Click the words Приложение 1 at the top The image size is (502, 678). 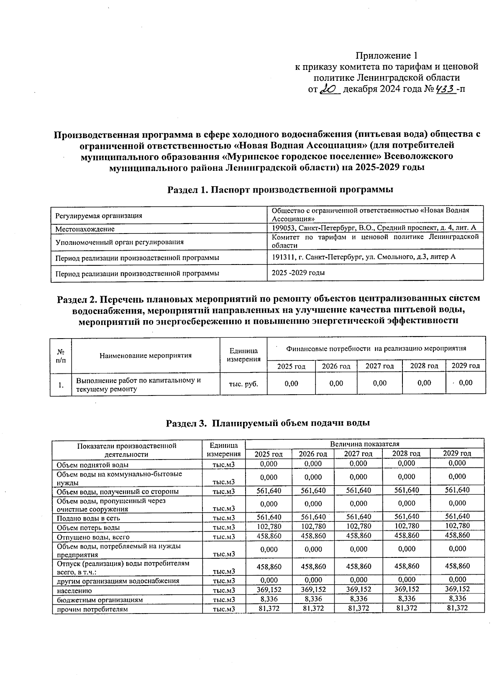pyautogui.click(x=387, y=56)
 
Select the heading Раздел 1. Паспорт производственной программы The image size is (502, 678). pyautogui.click(x=280, y=190)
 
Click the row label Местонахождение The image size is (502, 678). pyautogui.click(x=85, y=229)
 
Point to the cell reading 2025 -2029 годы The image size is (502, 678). pyautogui.click(x=298, y=273)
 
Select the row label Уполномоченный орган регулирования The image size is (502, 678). pyautogui.click(x=119, y=242)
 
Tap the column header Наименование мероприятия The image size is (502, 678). pyautogui.click(x=146, y=355)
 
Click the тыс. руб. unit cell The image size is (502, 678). pyautogui.click(x=243, y=383)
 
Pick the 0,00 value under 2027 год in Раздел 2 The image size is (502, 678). pyautogui.click(x=379, y=383)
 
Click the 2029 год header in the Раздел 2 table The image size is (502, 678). pyautogui.click(x=466, y=366)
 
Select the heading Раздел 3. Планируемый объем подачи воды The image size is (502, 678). pyautogui.click(x=268, y=423)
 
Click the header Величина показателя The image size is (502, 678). pyautogui.click(x=364, y=444)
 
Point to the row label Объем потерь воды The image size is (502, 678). pyautogui.click(x=88, y=527)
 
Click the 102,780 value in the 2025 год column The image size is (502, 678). pyautogui.click(x=269, y=526)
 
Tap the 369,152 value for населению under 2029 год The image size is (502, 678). pyautogui.click(x=457, y=589)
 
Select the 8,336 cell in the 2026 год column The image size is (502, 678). pyautogui.click(x=313, y=599)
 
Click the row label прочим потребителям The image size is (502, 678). pyautogui.click(x=92, y=609)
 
